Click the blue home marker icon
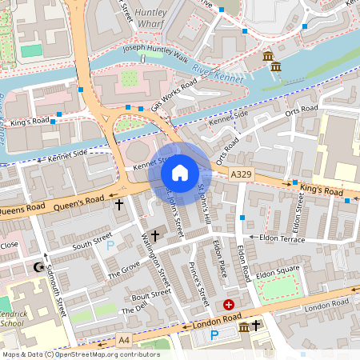coord(180,172)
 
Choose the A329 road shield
coord(241,174)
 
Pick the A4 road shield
coord(124,340)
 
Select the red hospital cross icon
coord(229,305)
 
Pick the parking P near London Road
coord(214,335)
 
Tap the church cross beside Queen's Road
coord(119,205)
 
